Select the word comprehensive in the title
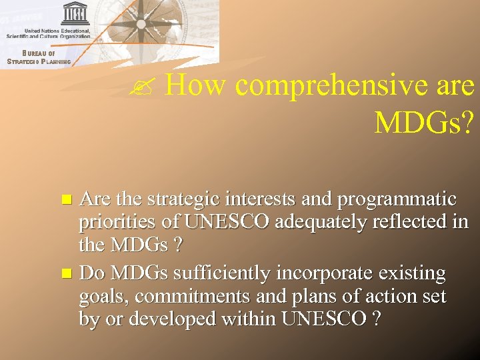(x=325, y=85)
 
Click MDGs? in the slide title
(x=424, y=121)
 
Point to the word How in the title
(x=196, y=85)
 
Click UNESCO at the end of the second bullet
(x=323, y=319)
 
